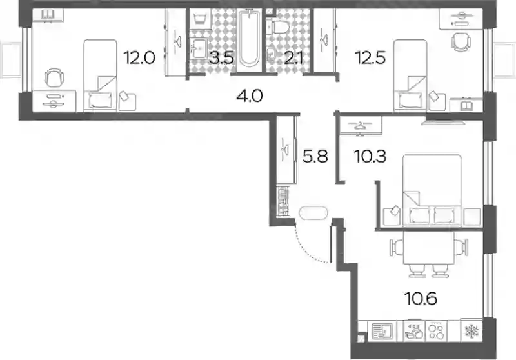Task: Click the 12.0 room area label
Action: coord(139,58)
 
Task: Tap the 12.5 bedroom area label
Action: coord(370,58)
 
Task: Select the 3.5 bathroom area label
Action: coord(221,59)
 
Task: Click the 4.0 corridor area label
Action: coord(250,96)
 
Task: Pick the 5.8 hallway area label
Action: coord(315,156)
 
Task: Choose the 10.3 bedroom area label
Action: coord(370,156)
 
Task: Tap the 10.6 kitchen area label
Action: coord(421,299)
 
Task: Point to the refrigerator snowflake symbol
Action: coord(471,331)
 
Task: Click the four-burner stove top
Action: coord(437,331)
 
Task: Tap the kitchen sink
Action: coord(382,331)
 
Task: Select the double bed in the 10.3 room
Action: coord(432,190)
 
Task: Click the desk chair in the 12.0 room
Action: coord(54,78)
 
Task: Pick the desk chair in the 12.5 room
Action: coord(461,41)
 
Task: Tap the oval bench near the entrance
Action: coord(313,212)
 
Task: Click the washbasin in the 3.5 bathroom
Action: coord(198,48)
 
